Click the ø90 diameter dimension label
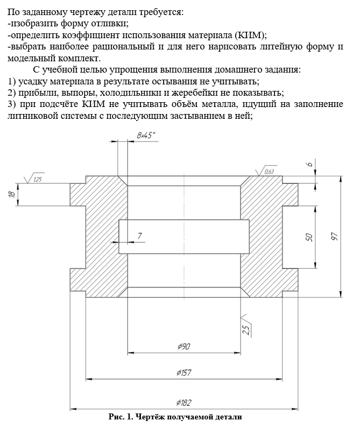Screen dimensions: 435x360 tap(183, 347)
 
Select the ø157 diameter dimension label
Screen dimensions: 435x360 tap(184, 372)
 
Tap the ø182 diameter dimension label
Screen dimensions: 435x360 tap(184, 402)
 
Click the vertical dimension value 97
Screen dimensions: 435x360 tap(334, 237)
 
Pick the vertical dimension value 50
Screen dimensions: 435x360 tap(309, 237)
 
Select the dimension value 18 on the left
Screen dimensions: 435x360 tap(12, 194)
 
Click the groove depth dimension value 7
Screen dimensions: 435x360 tap(140, 236)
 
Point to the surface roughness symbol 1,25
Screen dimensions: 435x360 tap(37, 179)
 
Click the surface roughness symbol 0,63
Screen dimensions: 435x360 tap(267, 171)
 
